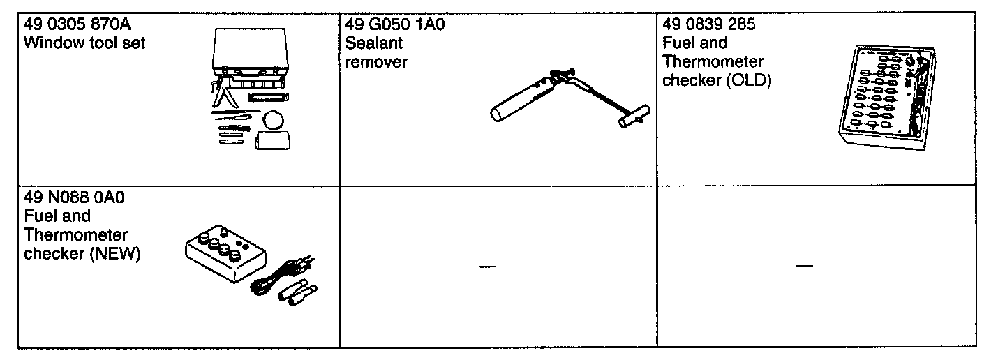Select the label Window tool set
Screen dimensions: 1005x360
point(84,43)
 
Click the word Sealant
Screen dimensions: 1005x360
point(374,43)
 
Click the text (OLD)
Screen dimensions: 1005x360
point(747,80)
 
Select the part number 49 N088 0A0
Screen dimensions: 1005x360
point(74,198)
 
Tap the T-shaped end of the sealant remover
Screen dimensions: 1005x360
point(633,117)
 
